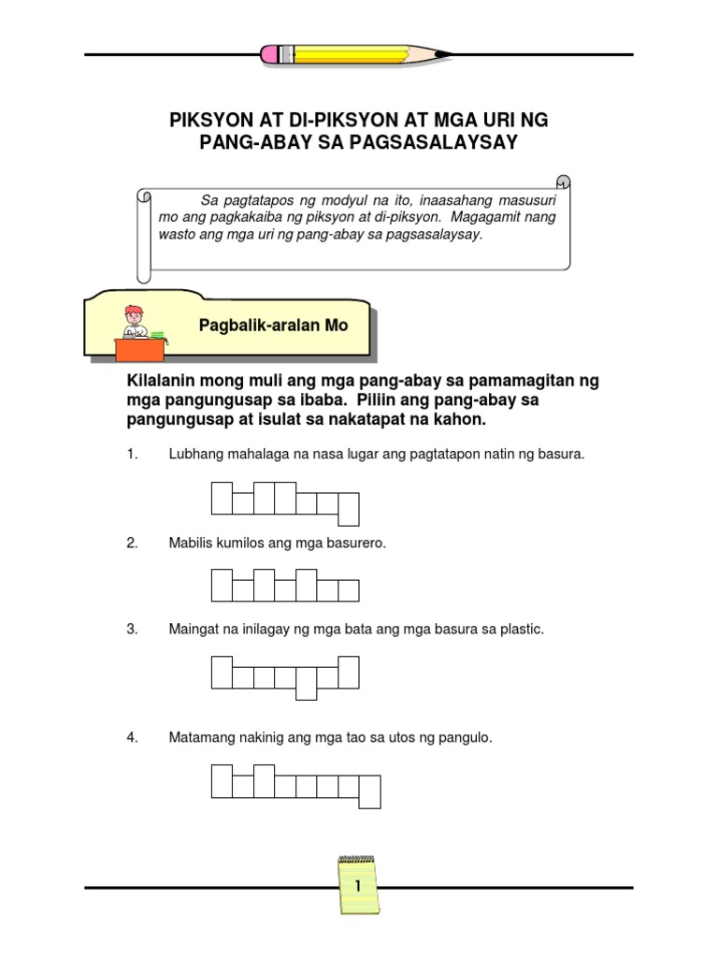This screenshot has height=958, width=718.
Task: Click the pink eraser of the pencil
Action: coord(271,54)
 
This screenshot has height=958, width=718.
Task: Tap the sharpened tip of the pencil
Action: coord(446,54)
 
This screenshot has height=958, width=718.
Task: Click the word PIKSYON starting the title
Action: coord(209,121)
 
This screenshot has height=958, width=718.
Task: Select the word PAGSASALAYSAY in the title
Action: coord(443,142)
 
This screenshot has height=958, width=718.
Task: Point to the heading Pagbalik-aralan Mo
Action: coord(273,326)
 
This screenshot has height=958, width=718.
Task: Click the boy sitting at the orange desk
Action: coord(136,322)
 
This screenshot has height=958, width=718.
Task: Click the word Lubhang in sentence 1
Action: coord(194,454)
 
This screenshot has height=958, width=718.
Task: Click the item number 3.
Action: coord(131,630)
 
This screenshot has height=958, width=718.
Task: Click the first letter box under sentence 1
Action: coord(222,498)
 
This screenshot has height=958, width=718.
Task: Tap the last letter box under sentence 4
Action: coord(370,791)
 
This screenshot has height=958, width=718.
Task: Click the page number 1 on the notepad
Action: coord(357,885)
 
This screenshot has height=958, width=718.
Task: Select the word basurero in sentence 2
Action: coord(357,543)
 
